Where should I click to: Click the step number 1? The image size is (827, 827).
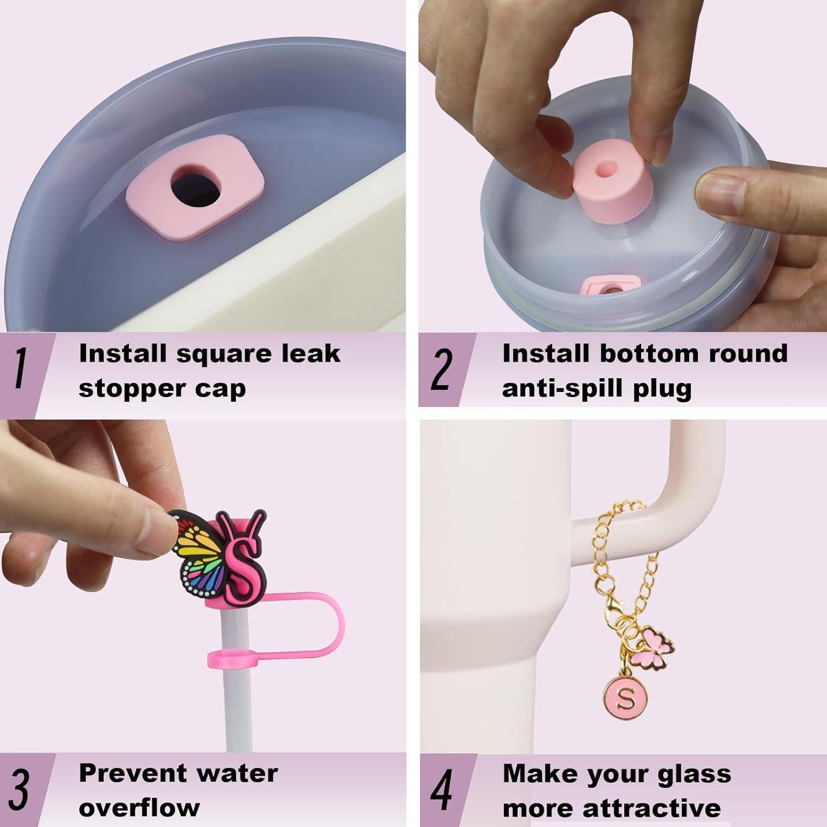[x=20, y=369]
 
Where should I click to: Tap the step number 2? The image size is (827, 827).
[x=441, y=369]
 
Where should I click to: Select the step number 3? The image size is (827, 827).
[x=19, y=790]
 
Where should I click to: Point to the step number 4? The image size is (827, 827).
[x=441, y=790]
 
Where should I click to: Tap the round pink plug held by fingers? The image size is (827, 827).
[x=604, y=179]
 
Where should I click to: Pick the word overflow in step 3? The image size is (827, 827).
[x=139, y=808]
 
